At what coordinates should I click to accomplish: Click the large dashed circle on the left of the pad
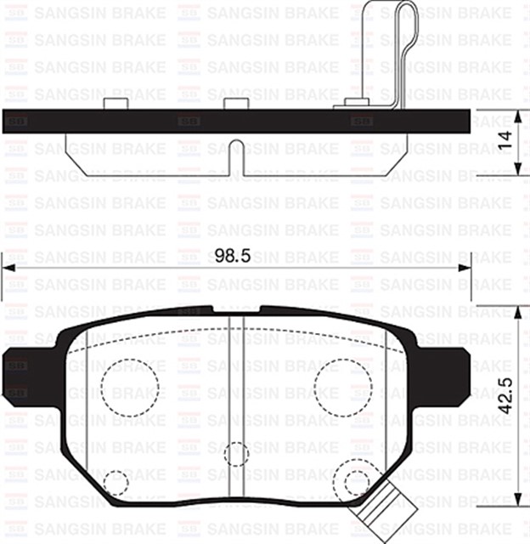click(131, 388)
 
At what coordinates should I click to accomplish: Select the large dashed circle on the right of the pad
click(342, 388)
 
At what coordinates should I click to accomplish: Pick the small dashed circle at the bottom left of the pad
click(115, 484)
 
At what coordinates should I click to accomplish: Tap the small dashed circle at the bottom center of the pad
click(237, 453)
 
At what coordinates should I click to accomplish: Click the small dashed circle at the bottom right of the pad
click(358, 482)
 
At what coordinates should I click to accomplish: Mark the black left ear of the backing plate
click(19, 373)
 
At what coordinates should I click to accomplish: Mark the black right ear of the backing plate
click(454, 373)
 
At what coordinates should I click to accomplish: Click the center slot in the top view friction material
click(237, 157)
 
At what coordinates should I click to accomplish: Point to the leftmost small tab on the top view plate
click(116, 104)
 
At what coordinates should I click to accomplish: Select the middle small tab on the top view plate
click(236, 104)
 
